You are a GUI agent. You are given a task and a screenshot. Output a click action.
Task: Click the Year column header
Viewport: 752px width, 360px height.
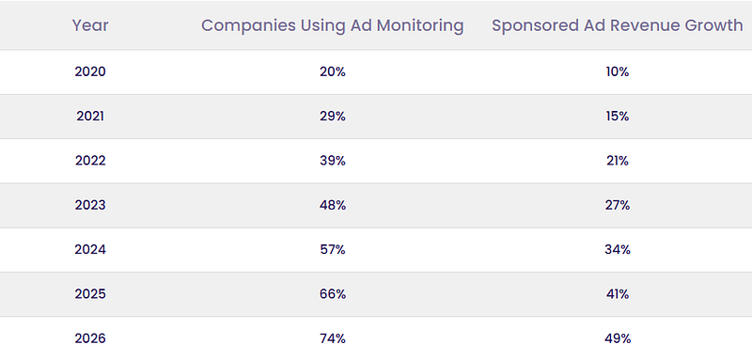click(90, 26)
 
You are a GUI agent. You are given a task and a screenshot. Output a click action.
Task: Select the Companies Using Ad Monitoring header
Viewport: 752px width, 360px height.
click(333, 26)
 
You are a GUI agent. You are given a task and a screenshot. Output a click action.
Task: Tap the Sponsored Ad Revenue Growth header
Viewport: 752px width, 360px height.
click(618, 26)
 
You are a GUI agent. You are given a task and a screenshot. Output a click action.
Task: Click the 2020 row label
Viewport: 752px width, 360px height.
click(90, 71)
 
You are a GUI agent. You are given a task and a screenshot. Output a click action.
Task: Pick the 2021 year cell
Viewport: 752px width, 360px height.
click(90, 117)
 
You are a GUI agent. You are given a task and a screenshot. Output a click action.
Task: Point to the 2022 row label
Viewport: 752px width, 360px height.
click(90, 161)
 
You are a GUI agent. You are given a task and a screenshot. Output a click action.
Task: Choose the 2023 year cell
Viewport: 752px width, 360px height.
click(90, 205)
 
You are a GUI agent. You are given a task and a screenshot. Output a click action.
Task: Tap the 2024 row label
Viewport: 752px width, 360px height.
click(90, 250)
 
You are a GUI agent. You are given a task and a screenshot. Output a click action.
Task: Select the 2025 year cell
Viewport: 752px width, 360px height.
click(90, 294)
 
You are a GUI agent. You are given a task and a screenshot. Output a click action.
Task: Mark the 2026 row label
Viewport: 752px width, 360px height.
click(90, 338)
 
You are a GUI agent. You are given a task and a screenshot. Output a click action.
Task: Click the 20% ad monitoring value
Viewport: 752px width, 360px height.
click(333, 71)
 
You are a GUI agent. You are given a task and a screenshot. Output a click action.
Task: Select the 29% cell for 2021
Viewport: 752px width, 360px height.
click(333, 117)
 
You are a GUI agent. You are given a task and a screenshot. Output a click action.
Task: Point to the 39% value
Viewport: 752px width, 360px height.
click(333, 161)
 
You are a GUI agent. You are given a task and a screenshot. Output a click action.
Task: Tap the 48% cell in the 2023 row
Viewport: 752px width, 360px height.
click(333, 205)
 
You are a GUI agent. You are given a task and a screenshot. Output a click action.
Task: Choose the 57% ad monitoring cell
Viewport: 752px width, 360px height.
click(333, 250)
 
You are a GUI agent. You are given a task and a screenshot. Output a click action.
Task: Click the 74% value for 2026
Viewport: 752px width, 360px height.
click(333, 338)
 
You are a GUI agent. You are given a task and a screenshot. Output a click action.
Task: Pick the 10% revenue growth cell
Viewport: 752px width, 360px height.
click(618, 71)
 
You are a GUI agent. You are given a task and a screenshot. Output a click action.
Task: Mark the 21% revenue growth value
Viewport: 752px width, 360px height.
click(618, 161)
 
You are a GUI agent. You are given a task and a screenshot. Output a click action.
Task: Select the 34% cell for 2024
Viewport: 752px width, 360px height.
click(618, 250)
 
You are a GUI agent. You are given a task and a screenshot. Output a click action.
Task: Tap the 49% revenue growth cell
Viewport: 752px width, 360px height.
click(618, 338)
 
